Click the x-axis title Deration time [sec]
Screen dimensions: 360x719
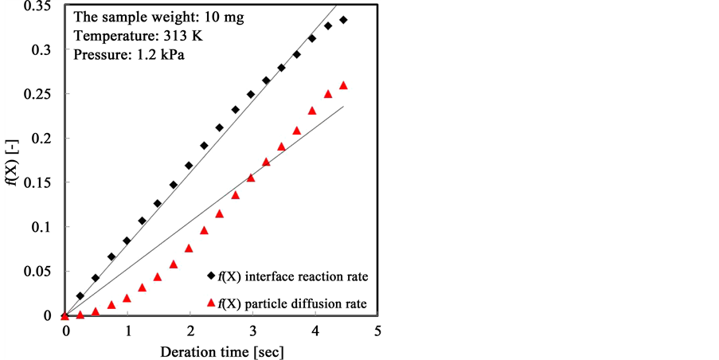tap(222, 351)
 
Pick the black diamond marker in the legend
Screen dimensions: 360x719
tap(211, 276)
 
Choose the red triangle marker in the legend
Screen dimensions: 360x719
tap(211, 302)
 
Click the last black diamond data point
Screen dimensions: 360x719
tap(343, 20)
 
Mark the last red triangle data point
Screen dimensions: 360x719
tap(343, 85)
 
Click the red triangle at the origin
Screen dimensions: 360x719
tap(65, 315)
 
